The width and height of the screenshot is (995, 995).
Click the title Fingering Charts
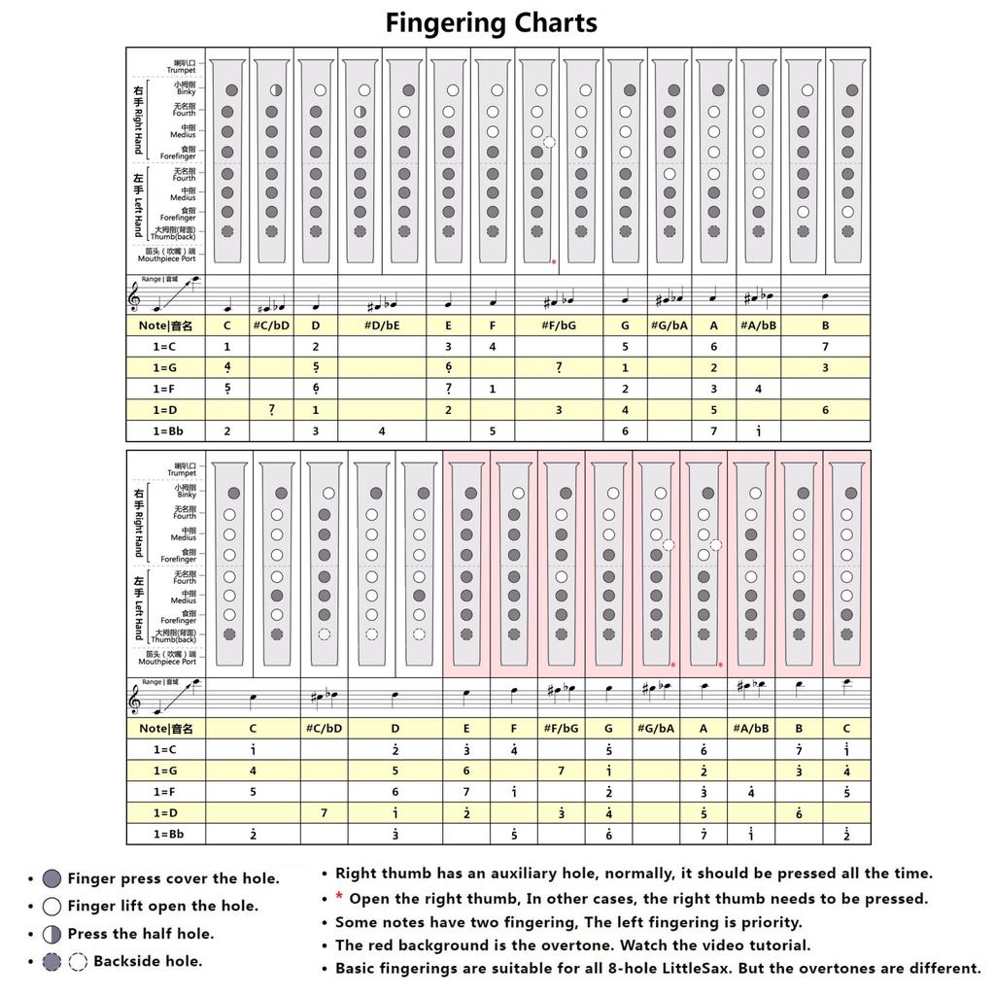[x=491, y=22]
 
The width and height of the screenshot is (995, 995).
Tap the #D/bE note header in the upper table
[x=382, y=326]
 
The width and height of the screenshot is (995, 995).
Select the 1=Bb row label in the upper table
[x=166, y=430]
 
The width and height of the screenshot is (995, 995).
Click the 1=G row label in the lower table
[x=166, y=771]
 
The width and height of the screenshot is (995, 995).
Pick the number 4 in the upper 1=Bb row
[x=382, y=430]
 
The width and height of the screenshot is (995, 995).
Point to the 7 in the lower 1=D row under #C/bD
[x=324, y=813]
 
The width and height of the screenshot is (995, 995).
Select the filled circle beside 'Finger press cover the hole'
[x=52, y=879]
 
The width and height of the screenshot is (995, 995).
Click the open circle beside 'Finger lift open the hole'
[x=52, y=907]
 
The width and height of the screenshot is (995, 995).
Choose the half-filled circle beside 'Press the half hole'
[x=52, y=935]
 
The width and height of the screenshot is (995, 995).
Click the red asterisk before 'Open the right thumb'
[x=339, y=899]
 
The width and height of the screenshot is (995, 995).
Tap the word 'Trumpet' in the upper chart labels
[x=181, y=71]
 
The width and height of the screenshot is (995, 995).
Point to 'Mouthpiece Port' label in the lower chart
[x=167, y=662]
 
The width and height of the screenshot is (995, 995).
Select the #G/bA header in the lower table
[x=656, y=728]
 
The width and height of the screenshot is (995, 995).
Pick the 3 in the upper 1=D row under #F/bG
[x=559, y=410]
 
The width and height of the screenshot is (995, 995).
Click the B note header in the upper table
[x=826, y=326]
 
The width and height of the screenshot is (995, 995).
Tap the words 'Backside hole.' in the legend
[x=148, y=962]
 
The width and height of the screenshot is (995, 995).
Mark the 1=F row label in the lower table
[x=166, y=792]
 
